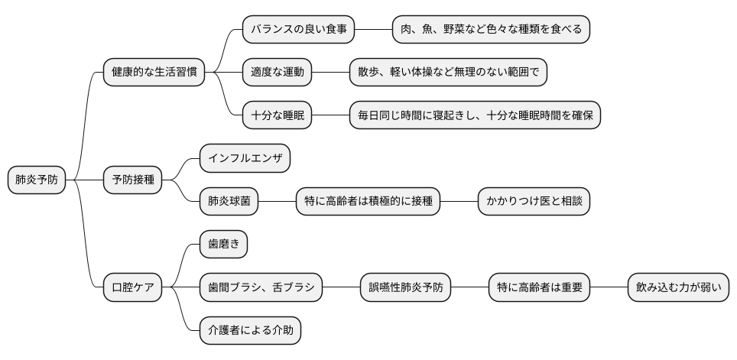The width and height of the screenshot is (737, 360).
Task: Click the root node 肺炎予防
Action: [37, 180]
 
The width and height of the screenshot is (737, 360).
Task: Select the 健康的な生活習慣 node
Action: [154, 73]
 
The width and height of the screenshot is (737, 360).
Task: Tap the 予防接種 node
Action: [132, 180]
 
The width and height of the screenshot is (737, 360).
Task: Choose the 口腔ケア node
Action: [132, 288]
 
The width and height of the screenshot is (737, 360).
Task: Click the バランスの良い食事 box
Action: [299, 30]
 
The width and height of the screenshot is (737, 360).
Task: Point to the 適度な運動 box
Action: [278, 73]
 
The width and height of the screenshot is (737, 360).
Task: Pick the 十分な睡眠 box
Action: [278, 115]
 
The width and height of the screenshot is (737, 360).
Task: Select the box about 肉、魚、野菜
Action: [492, 30]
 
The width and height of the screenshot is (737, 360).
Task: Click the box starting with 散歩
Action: [448, 73]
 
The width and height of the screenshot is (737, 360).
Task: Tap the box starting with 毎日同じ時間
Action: [475, 115]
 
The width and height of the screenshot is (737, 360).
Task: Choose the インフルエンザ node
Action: [245, 159]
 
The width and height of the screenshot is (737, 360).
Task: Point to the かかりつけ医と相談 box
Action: [534, 202]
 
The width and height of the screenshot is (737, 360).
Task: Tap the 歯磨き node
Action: [223, 245]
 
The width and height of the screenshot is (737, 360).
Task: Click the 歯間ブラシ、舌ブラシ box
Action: [261, 288]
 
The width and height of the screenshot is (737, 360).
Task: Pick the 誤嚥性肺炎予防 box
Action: [406, 288]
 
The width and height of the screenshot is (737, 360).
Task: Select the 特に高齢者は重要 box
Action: [540, 288]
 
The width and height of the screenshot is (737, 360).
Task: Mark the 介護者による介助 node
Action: [250, 331]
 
